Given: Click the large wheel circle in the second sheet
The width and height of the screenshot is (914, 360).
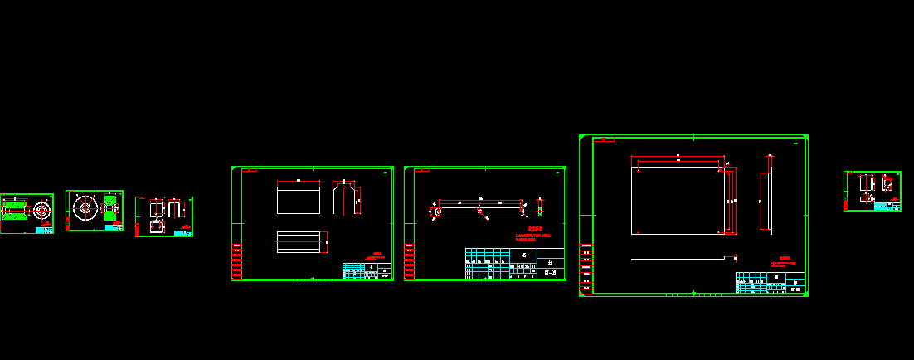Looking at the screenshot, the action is pyautogui.click(x=85, y=207).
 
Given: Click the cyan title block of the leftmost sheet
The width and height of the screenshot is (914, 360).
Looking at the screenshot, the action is pyautogui.click(x=44, y=229).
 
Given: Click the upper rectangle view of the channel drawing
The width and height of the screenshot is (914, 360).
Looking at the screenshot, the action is pyautogui.click(x=299, y=198).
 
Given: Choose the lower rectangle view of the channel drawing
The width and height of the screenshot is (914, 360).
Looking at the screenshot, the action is pyautogui.click(x=299, y=242).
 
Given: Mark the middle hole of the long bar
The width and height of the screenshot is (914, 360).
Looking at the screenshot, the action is pyautogui.click(x=479, y=211).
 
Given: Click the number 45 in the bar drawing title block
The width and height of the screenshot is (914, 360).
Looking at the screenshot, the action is pyautogui.click(x=523, y=255).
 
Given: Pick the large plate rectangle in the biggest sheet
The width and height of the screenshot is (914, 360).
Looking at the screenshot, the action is pyautogui.click(x=678, y=200).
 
